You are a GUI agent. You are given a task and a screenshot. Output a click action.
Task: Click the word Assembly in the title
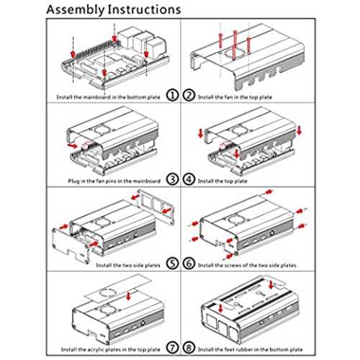76,10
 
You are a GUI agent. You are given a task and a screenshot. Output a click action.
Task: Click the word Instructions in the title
144,9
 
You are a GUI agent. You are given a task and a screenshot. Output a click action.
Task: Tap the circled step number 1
172,95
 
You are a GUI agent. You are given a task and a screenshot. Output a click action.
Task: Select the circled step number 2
189,95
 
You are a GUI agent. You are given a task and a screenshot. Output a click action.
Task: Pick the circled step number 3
172,179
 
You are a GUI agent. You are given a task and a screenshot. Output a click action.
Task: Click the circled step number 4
189,179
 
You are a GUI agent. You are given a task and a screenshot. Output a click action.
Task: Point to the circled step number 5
172,264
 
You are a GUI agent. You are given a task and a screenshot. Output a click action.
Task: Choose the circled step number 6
189,264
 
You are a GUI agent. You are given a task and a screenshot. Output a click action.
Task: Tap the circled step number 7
172,348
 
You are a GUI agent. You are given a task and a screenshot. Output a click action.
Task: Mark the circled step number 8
189,348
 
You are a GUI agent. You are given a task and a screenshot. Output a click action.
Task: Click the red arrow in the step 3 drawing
73,145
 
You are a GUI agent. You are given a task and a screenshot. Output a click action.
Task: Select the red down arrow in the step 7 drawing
128,296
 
